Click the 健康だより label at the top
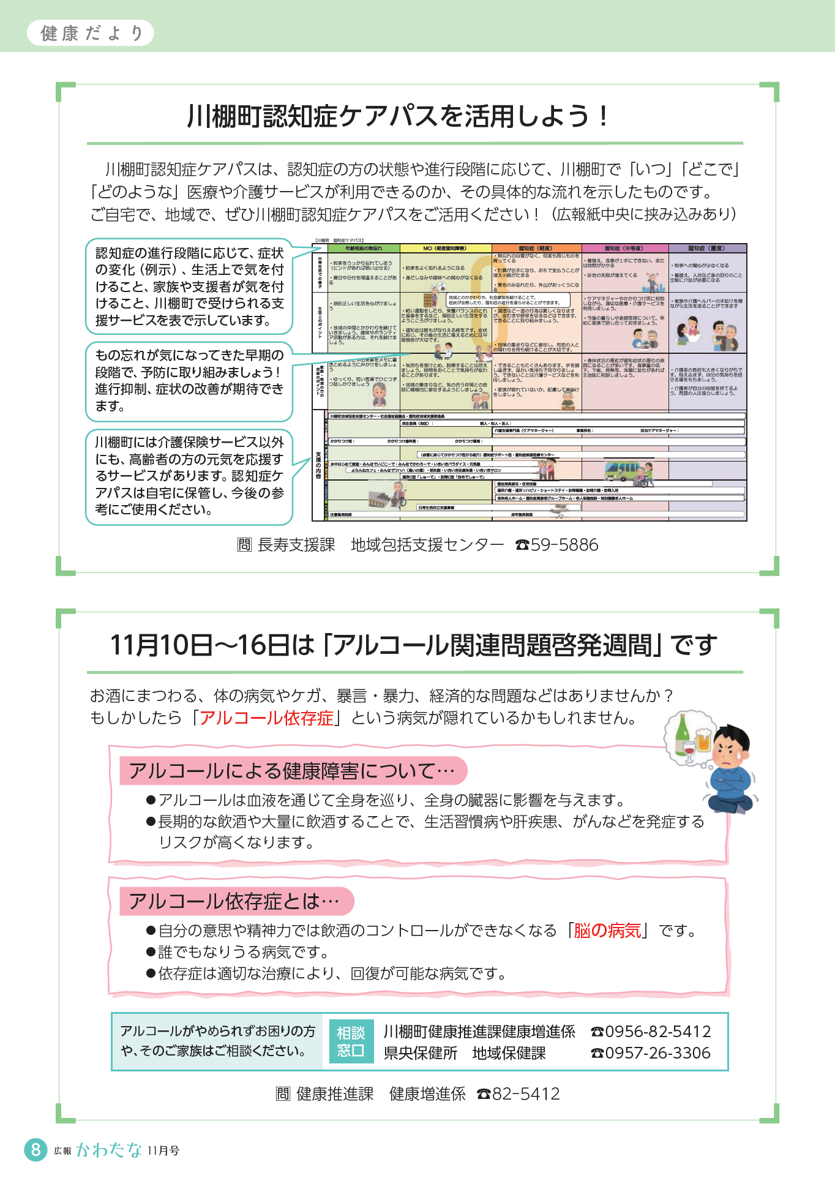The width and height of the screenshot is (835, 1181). [x=91, y=33]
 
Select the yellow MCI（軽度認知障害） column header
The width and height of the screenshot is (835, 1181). [x=445, y=249]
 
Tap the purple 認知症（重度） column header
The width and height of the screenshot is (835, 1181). [x=706, y=249]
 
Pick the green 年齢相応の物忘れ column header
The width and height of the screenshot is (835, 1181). [x=364, y=249]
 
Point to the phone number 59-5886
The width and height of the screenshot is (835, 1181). [x=564, y=545]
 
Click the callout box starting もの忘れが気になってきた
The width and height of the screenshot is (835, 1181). [x=189, y=381]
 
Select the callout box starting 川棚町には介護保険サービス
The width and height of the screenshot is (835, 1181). [x=189, y=476]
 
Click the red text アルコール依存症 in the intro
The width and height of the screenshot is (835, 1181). [x=266, y=718]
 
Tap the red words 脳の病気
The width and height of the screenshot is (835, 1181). [x=607, y=931]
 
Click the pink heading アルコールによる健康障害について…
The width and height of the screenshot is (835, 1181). [x=293, y=771]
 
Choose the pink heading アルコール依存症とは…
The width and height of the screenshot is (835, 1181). [x=236, y=901]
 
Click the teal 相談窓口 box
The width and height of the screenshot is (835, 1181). [x=351, y=1041]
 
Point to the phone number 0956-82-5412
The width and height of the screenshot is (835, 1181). [x=657, y=1032]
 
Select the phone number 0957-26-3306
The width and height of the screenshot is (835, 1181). [x=657, y=1053]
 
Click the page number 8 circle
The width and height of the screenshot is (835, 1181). [x=36, y=1149]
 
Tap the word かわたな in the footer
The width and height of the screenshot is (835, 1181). [x=109, y=1150]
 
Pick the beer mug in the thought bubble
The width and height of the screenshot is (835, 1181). [x=702, y=740]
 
